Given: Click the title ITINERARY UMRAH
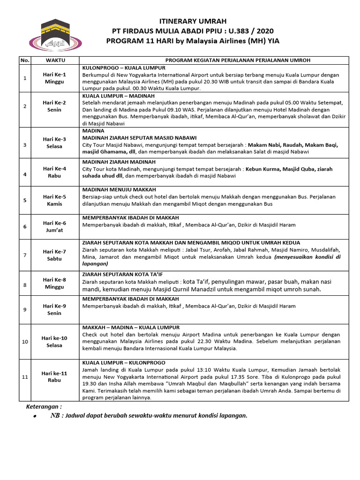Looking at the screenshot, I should [x=186, y=22].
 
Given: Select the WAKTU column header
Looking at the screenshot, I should [x=55, y=60].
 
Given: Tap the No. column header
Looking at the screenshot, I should [x=25, y=60].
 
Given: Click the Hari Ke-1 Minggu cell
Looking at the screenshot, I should [x=55, y=78].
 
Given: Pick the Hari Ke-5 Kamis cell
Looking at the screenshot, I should [x=55, y=201].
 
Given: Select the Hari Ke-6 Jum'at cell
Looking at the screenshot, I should [x=55, y=226].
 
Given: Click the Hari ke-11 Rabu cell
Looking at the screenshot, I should [x=55, y=377].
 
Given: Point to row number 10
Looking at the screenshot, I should [x=25, y=342].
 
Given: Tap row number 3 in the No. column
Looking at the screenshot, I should [x=25, y=145].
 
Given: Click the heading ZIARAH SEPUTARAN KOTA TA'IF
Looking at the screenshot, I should [x=122, y=274].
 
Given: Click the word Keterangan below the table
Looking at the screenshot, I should [x=43, y=407].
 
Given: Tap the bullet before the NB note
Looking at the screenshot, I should [x=35, y=417].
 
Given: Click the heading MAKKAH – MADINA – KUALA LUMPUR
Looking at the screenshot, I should [x=131, y=327].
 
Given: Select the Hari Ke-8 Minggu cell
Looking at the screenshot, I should [x=55, y=283].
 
